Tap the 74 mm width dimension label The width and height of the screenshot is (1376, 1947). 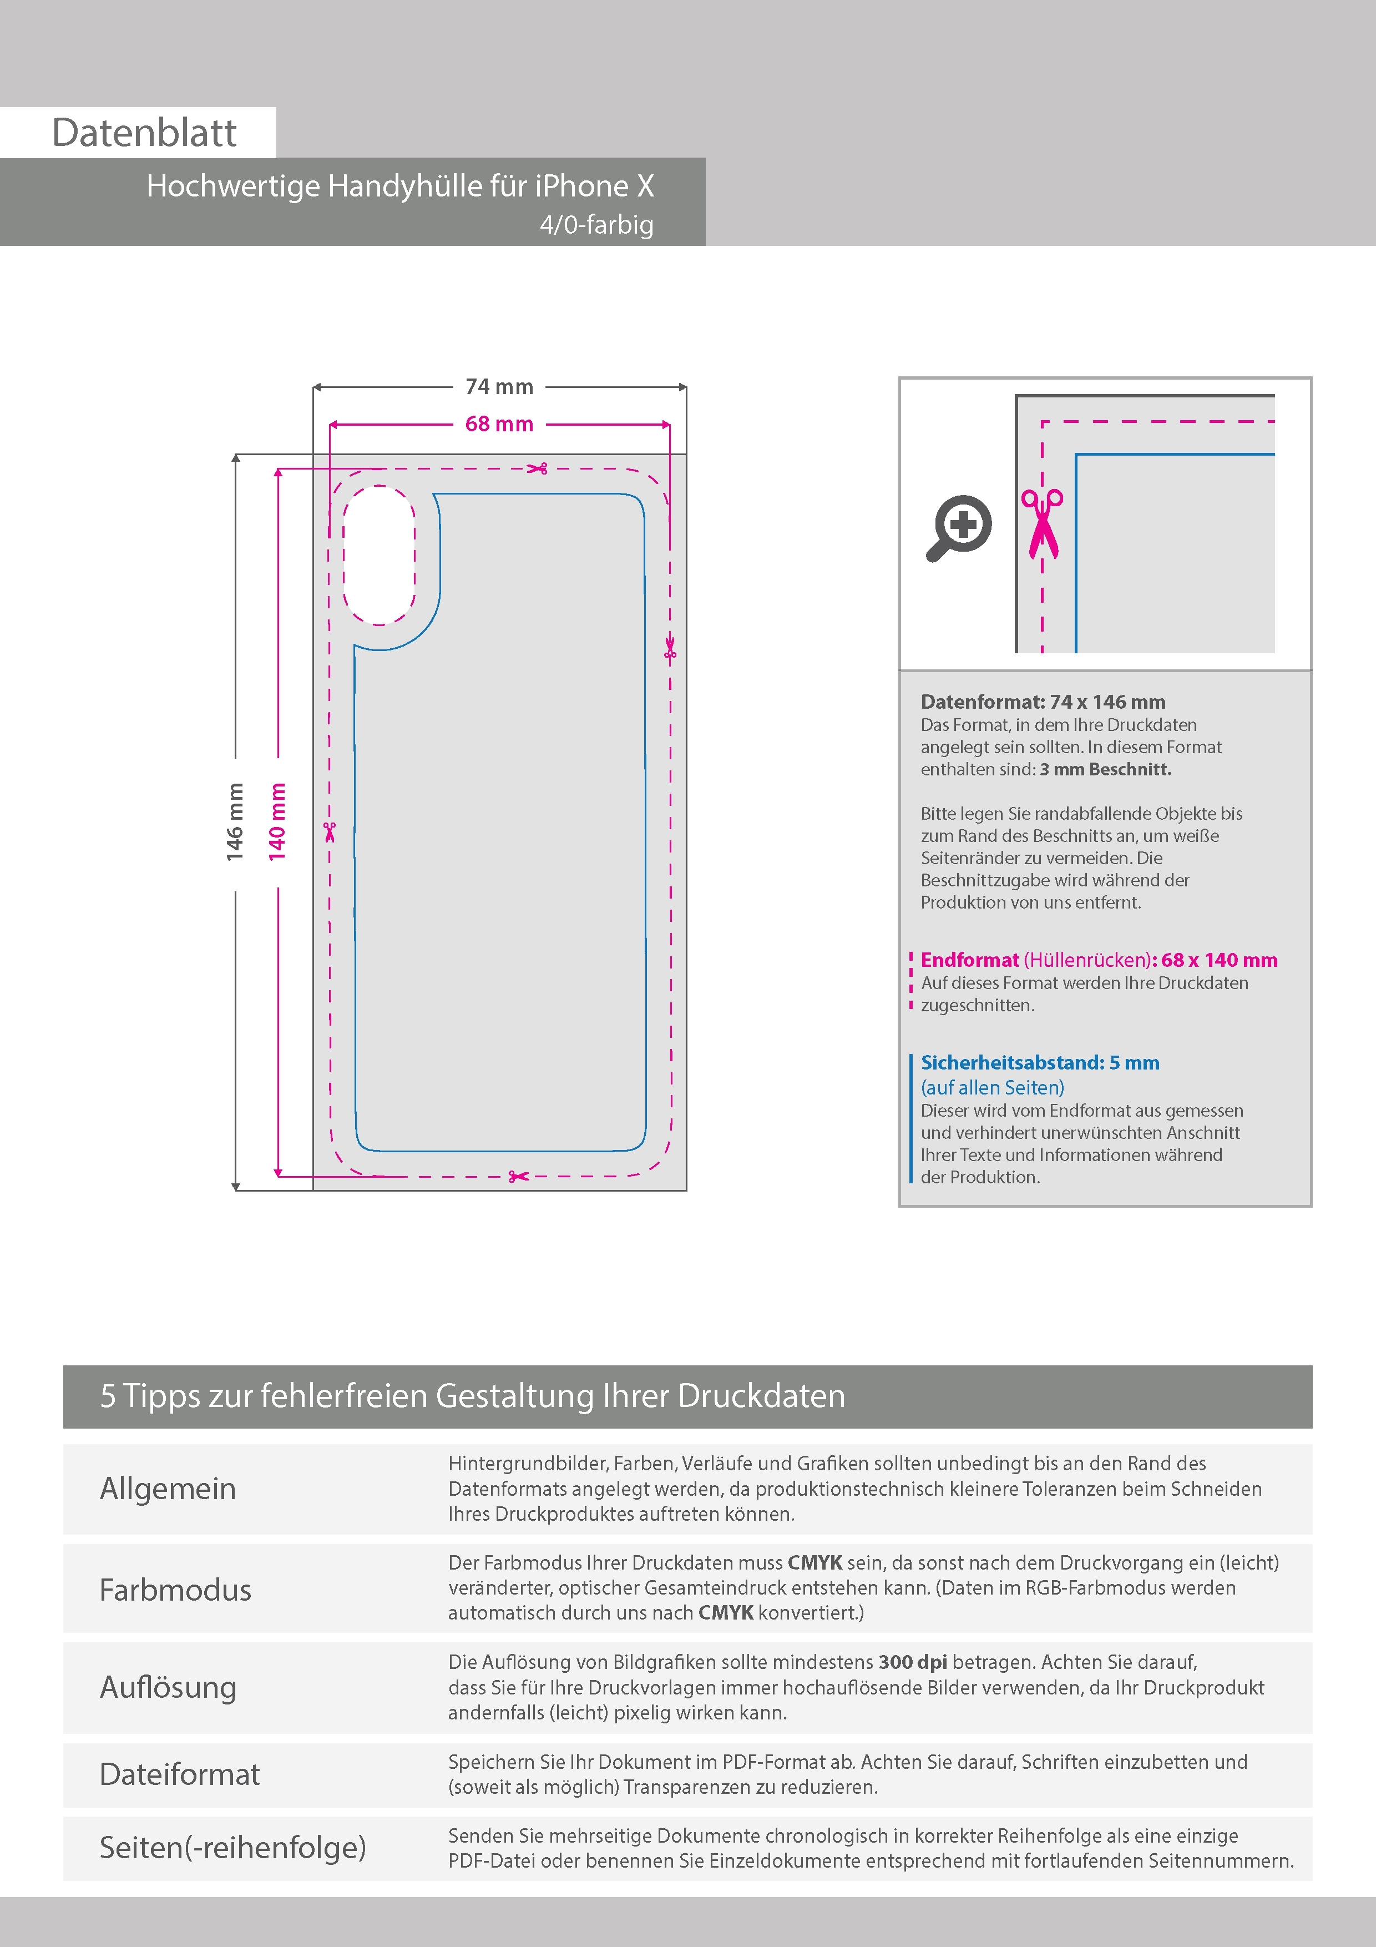click(x=499, y=387)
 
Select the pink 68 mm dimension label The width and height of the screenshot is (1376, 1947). click(x=499, y=424)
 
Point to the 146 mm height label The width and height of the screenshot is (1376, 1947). click(x=235, y=822)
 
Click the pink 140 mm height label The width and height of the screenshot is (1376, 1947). click(x=277, y=822)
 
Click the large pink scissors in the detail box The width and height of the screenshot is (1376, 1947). click(x=1042, y=524)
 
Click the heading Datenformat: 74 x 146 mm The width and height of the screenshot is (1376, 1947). click(x=1043, y=702)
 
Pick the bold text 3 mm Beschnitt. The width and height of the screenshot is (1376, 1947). click(x=1106, y=769)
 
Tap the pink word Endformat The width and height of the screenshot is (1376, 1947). click(x=970, y=960)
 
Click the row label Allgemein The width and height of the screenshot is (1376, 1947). click(x=168, y=1489)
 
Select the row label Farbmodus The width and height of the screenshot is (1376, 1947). click(x=175, y=1590)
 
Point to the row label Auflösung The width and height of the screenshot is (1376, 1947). click(x=168, y=1687)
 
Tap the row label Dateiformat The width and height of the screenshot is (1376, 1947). click(x=180, y=1775)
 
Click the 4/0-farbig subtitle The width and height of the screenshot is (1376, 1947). click(x=597, y=225)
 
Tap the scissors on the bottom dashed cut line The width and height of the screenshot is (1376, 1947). click(x=518, y=1176)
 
